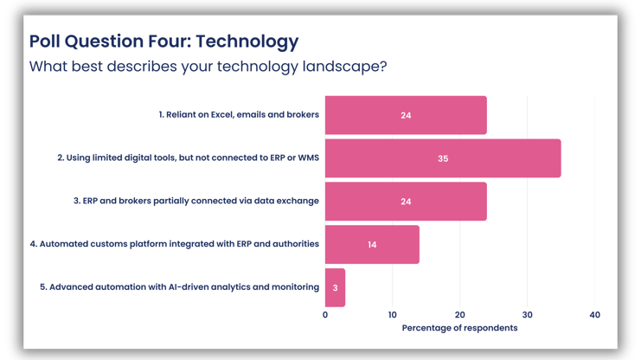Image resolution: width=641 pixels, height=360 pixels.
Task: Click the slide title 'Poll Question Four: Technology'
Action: pyautogui.click(x=163, y=42)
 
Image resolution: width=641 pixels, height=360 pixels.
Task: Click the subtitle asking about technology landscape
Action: pyautogui.click(x=208, y=67)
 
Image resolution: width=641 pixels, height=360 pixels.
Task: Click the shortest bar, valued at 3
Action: pyautogui.click(x=335, y=287)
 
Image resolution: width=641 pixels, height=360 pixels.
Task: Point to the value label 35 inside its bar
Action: pyautogui.click(x=443, y=158)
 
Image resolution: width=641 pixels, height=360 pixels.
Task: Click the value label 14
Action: pyautogui.click(x=372, y=245)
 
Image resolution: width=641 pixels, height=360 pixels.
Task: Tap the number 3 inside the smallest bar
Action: pyautogui.click(x=335, y=287)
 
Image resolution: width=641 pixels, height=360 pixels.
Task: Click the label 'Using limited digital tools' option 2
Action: pyautogui.click(x=188, y=157)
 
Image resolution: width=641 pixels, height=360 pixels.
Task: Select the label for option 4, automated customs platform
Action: pyautogui.click(x=174, y=244)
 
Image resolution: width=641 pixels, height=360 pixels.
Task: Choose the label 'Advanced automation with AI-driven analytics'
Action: pyautogui.click(x=180, y=286)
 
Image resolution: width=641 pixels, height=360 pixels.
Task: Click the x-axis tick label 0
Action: pyautogui.click(x=325, y=315)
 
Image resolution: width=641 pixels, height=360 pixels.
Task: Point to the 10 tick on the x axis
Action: pyautogui.click(x=393, y=315)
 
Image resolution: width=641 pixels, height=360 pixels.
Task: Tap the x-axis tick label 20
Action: pyautogui.click(x=460, y=315)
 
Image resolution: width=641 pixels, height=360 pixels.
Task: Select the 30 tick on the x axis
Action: pyautogui.click(x=528, y=315)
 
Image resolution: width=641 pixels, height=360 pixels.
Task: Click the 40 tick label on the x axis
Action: pyautogui.click(x=594, y=315)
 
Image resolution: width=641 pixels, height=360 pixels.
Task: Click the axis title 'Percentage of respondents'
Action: pyautogui.click(x=459, y=328)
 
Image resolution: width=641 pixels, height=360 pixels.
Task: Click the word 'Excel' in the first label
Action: pyautogui.click(x=221, y=114)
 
